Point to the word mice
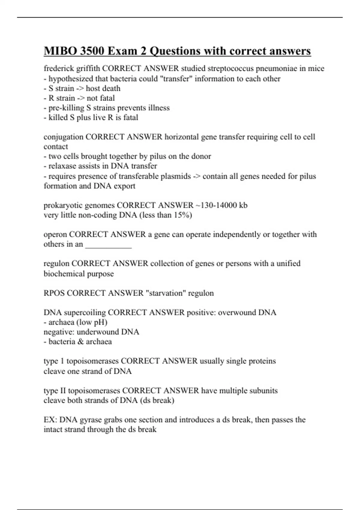click(x=316, y=69)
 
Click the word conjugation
click(x=64, y=137)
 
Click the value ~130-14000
click(x=215, y=205)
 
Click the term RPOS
click(x=54, y=293)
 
